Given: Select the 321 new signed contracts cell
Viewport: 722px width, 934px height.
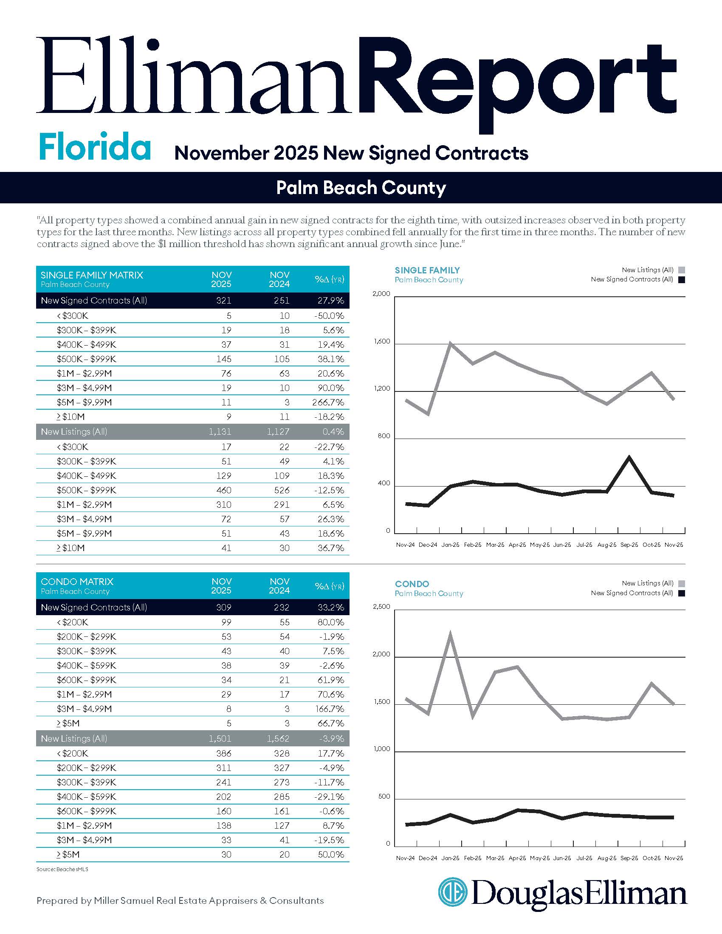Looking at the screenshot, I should (x=224, y=301).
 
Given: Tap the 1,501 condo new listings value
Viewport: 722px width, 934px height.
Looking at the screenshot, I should (x=220, y=739).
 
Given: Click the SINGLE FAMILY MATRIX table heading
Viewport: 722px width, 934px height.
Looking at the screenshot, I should (x=92, y=275).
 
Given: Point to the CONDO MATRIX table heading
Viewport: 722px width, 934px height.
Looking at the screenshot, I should (x=77, y=582).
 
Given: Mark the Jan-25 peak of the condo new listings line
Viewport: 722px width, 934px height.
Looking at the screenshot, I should (x=451, y=633).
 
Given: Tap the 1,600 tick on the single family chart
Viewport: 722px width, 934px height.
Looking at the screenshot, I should (x=381, y=341).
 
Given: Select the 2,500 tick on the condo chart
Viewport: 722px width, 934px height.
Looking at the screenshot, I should (x=381, y=606).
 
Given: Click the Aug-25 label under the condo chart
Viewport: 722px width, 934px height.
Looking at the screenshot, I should (x=606, y=858).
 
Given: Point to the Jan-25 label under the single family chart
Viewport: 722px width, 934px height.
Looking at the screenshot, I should (x=450, y=545).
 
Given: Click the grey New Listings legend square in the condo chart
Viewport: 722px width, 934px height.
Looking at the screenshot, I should (x=682, y=583).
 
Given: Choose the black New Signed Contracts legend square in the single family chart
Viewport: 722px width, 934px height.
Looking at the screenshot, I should (x=682, y=280).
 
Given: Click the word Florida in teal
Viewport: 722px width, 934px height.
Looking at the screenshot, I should (x=95, y=147).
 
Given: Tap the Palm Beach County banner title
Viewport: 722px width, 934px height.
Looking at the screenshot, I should (x=361, y=188).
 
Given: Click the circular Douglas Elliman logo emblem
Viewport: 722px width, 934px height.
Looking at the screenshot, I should (x=452, y=892).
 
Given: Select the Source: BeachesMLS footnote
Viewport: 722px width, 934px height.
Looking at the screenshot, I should (x=62, y=869).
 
